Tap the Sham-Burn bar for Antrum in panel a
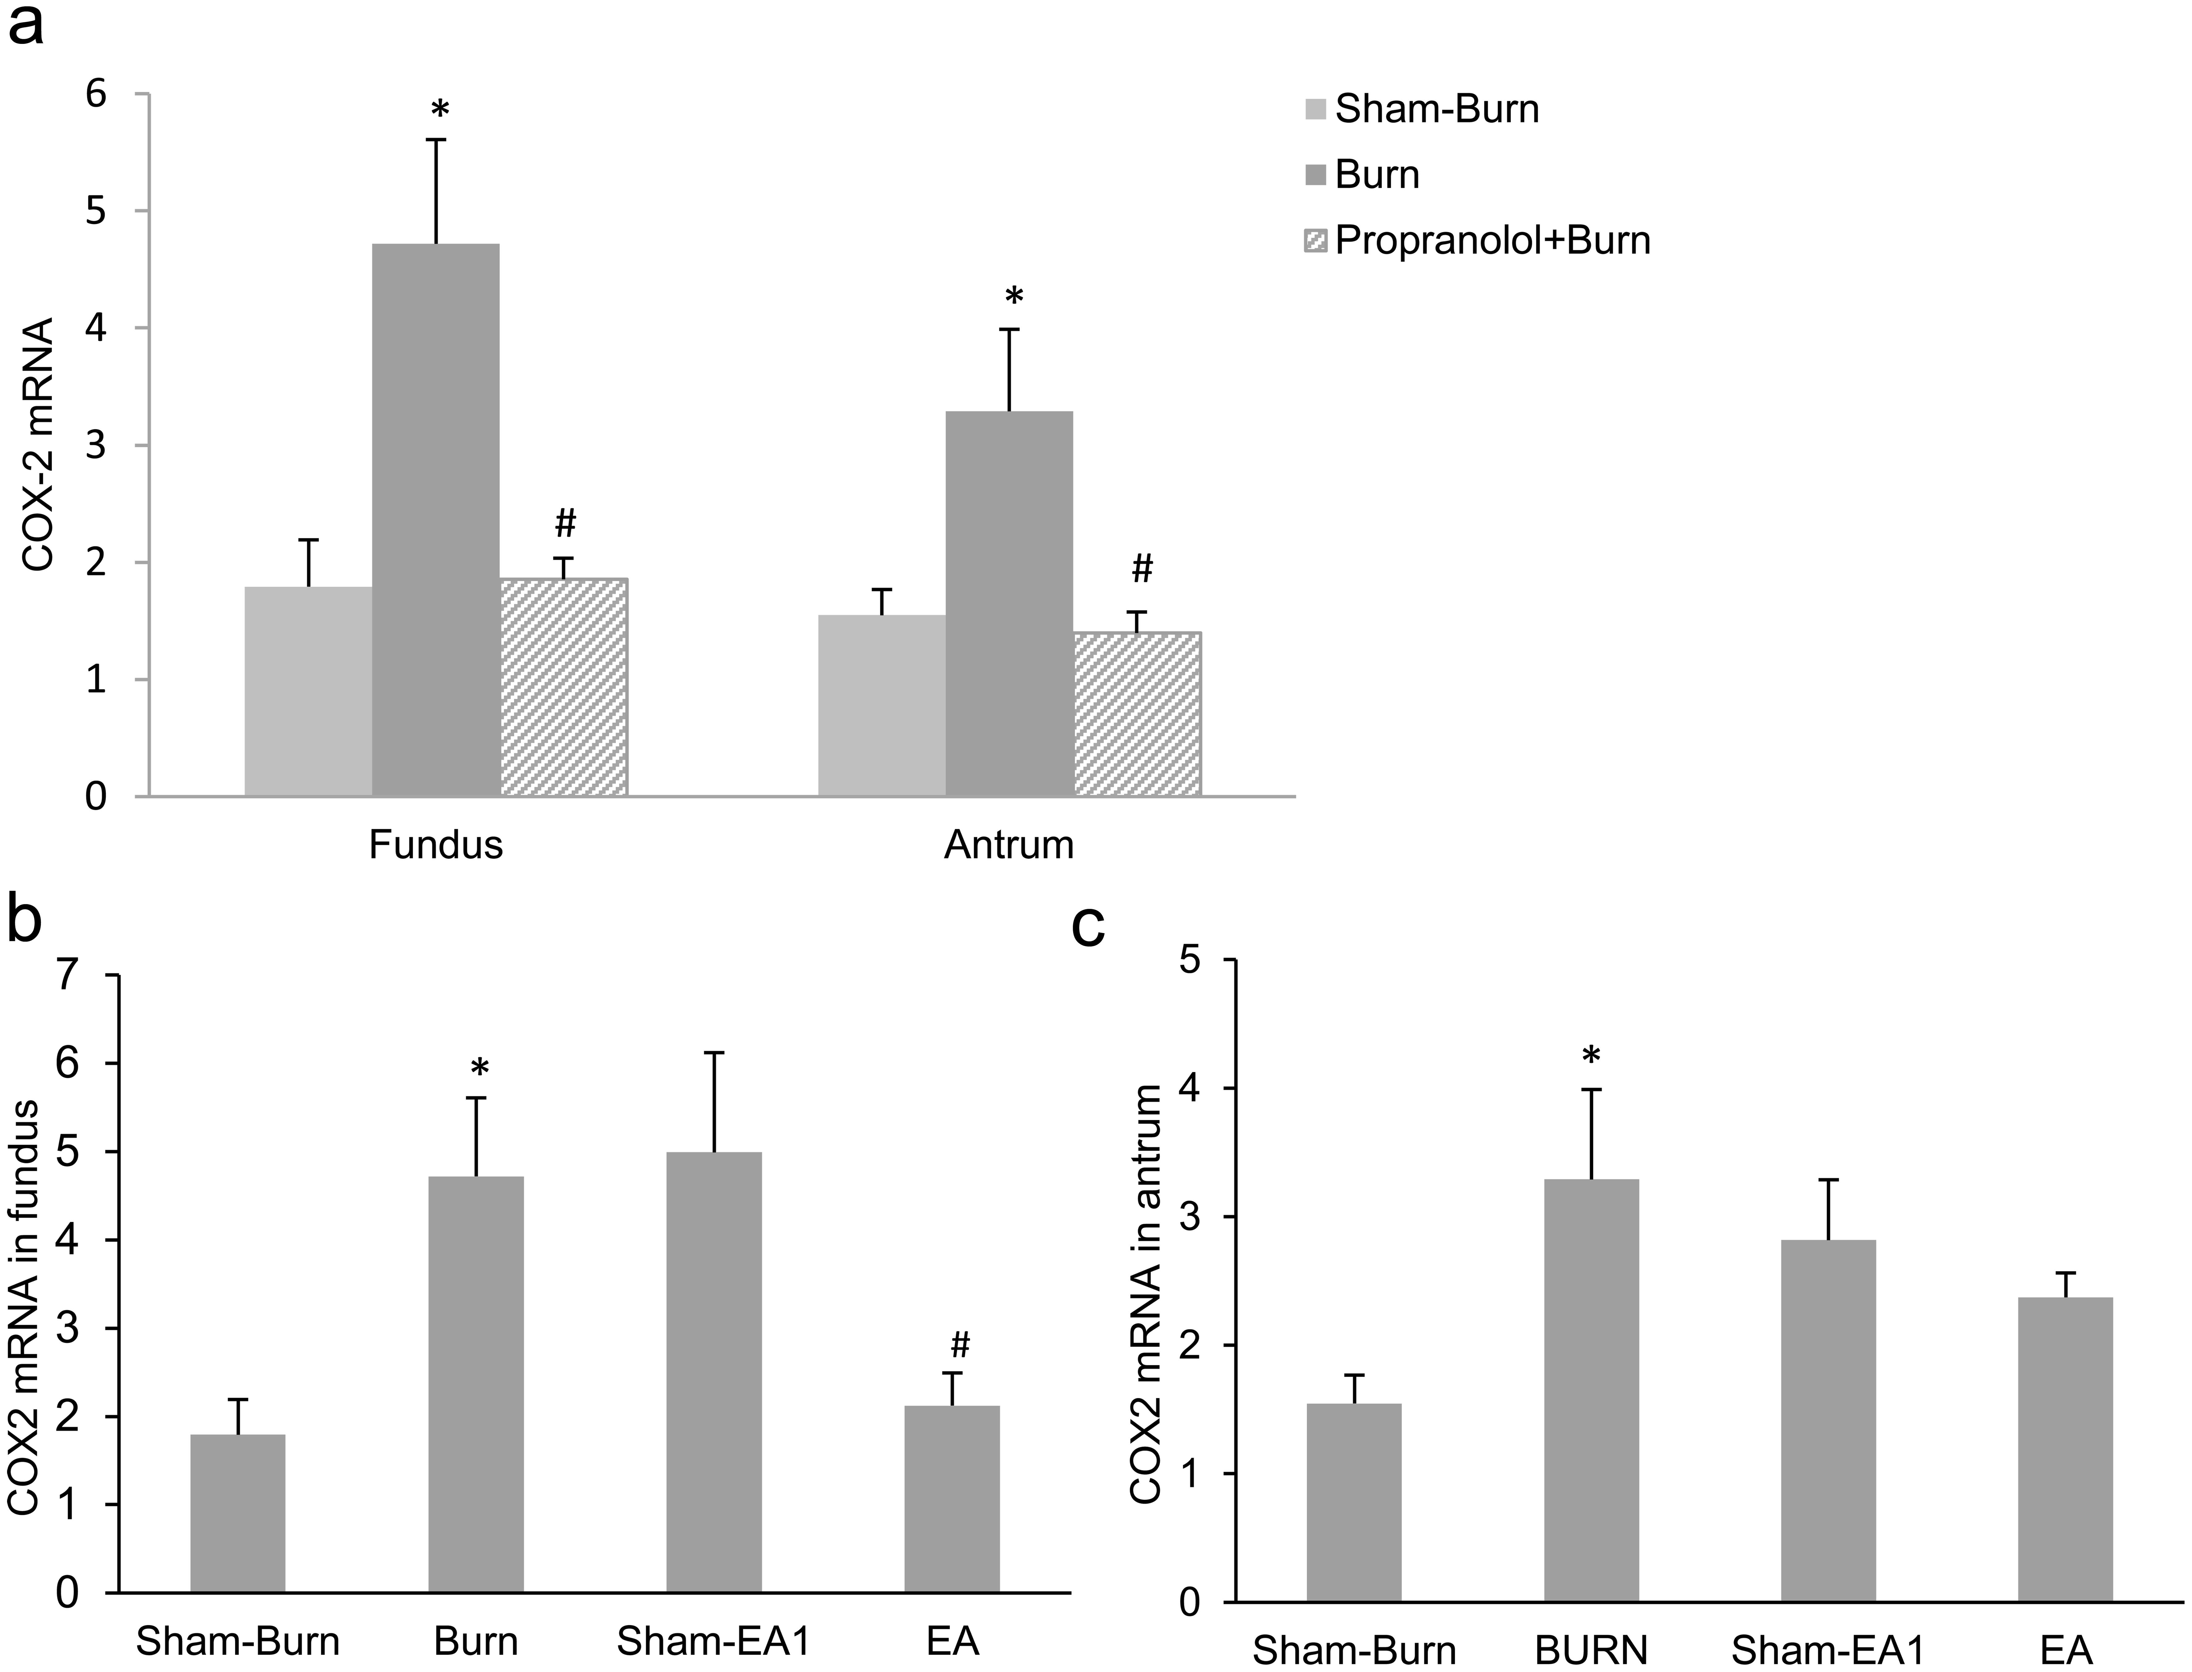click(881, 705)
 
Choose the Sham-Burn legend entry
click(1422, 109)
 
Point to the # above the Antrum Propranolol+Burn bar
click(1142, 569)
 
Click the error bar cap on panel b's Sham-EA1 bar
click(714, 1052)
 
